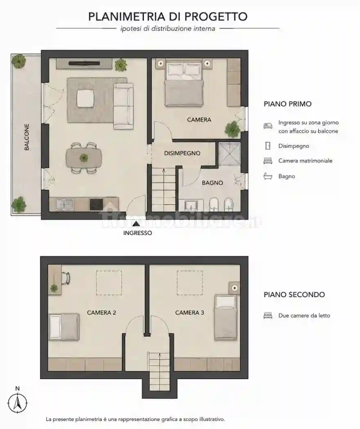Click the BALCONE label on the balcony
point(27,137)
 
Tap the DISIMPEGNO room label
point(182,153)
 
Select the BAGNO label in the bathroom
point(212,183)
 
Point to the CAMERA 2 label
point(101,313)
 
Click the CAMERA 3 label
point(190,313)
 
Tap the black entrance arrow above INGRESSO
point(136,224)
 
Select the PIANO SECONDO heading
point(294,295)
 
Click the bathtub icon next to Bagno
point(268,176)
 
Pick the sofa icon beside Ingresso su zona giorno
point(268,126)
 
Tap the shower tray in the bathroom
point(230,153)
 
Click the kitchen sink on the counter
point(65,204)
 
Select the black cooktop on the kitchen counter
point(96,204)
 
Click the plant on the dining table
point(84,158)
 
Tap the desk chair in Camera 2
point(66,278)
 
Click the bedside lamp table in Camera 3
point(235,288)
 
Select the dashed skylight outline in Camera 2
point(109,283)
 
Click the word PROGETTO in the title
point(216,17)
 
